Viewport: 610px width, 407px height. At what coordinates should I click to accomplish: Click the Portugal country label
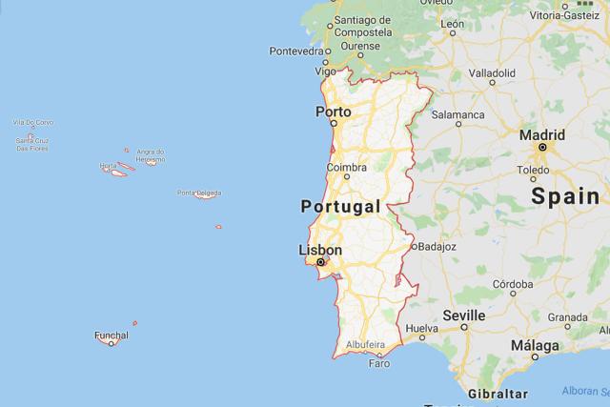(x=340, y=207)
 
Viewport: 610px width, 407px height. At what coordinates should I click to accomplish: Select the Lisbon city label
(x=319, y=250)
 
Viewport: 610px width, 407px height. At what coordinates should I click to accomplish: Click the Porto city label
(x=333, y=112)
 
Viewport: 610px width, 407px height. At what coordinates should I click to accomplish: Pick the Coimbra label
(x=346, y=168)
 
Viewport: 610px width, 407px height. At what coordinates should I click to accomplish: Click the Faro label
(x=379, y=363)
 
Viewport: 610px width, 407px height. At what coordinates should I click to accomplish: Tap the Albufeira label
(x=365, y=344)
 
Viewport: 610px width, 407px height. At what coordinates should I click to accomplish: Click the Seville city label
(x=464, y=316)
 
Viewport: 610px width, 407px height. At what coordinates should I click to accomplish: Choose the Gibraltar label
(x=498, y=393)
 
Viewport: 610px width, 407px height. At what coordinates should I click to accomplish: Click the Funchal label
(x=111, y=335)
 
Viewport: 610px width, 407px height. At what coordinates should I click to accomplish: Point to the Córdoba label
(x=513, y=284)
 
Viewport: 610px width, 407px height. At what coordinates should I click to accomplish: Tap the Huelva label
(x=421, y=329)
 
